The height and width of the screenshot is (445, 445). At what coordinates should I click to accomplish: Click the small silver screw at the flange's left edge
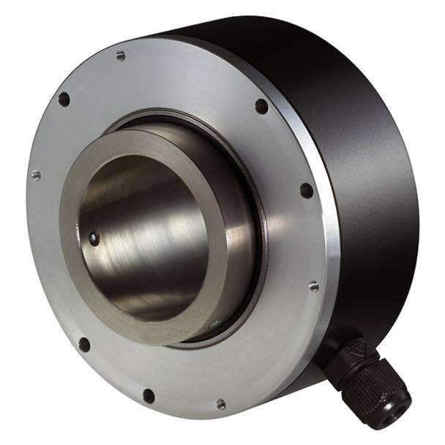click(x=35, y=175)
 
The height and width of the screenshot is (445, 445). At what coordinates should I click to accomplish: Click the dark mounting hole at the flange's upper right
click(x=261, y=107)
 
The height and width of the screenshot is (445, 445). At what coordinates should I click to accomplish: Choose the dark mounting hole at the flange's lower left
click(x=83, y=344)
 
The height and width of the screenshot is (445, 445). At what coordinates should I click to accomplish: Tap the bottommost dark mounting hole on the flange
click(x=149, y=396)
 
